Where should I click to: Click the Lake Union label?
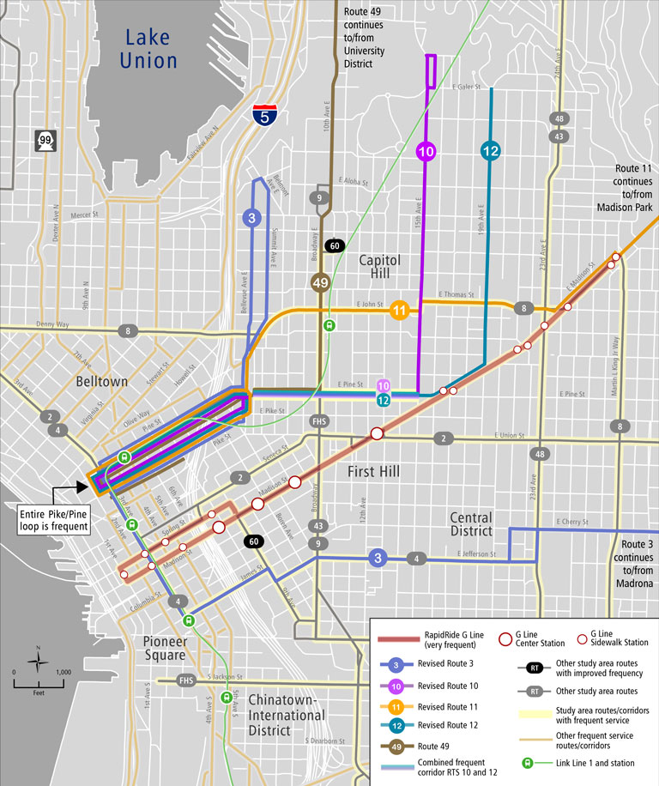(150, 48)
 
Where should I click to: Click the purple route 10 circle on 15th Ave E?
(426, 152)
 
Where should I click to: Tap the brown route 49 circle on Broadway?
(321, 282)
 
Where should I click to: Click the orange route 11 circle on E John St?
(399, 311)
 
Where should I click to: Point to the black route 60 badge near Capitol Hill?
(336, 246)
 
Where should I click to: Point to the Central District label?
(471, 525)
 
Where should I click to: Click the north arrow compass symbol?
(38, 662)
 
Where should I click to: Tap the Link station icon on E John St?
(329, 325)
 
